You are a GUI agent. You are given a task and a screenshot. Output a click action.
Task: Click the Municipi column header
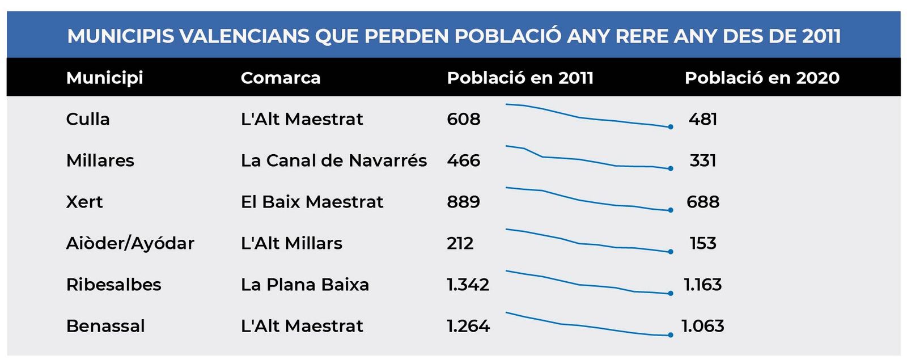point(104,78)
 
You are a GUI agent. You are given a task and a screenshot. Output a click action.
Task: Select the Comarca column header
point(281,78)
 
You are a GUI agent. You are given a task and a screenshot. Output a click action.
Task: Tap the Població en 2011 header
point(520,78)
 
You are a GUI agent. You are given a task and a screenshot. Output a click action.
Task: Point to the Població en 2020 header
point(762,78)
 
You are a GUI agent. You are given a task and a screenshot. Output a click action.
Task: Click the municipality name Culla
point(88,119)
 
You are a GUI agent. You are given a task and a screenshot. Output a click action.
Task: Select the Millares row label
point(100,160)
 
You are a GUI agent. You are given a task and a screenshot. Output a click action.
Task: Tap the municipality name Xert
point(84,202)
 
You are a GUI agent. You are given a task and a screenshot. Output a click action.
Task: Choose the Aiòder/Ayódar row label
point(130,243)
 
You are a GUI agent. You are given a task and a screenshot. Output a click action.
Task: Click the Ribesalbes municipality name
point(113,285)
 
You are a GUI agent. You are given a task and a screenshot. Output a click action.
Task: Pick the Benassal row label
point(105,326)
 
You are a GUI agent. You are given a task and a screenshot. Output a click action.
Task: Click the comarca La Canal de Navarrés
point(333,160)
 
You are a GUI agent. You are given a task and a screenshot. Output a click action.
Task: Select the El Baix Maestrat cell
point(312,202)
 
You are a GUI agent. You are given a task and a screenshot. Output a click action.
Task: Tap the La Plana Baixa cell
point(304,285)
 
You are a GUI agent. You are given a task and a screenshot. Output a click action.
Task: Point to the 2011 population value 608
point(463,119)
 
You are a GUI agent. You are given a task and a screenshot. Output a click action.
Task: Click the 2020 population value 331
point(703,160)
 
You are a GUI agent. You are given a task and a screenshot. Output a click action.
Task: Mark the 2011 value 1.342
point(468,285)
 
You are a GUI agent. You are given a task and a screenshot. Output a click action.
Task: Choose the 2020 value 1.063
point(703,326)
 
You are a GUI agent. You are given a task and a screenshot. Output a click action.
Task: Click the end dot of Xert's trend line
point(671,210)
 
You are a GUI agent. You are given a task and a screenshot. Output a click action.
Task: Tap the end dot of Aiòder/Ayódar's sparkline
point(671,252)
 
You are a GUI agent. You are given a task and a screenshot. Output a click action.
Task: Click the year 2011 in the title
point(821,36)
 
